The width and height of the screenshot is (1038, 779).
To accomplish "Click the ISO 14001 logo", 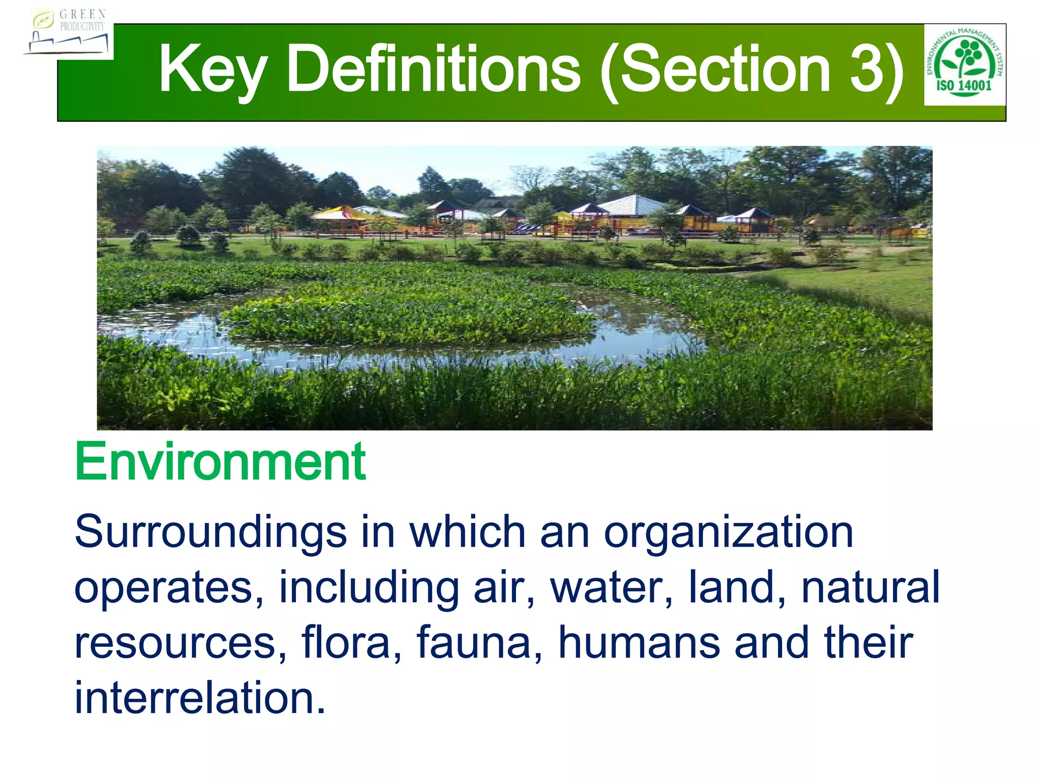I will [x=965, y=64].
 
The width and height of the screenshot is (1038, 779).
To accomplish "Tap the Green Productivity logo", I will [x=68, y=32].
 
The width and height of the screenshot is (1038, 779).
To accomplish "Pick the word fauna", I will [x=479, y=643].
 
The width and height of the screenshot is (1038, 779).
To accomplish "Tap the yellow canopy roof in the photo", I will [x=341, y=212].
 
